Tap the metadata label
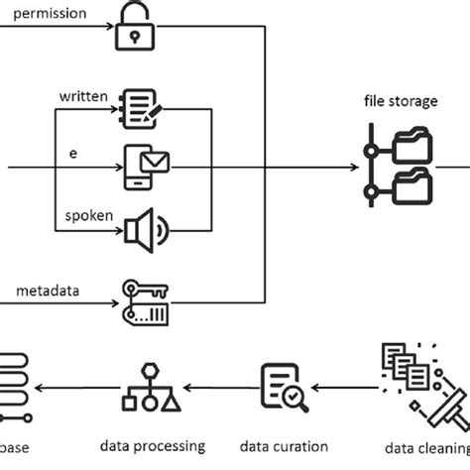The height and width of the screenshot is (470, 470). [47, 291]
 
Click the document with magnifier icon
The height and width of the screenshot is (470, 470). [282, 389]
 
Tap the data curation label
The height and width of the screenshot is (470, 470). [286, 446]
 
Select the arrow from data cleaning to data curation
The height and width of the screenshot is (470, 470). [342, 388]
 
